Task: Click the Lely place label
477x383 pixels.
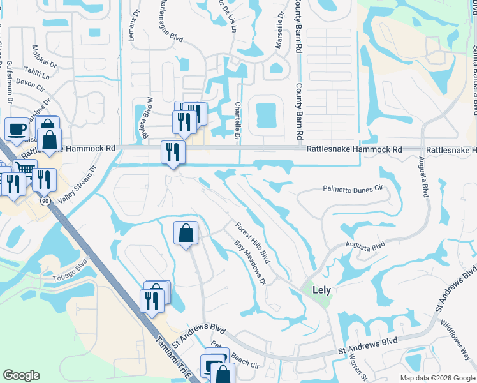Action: point(321,289)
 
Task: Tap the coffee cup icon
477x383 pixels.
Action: point(17,128)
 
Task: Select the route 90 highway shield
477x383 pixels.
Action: point(45,201)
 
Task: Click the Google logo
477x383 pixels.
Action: point(21,375)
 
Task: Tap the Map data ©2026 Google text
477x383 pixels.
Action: point(437,378)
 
